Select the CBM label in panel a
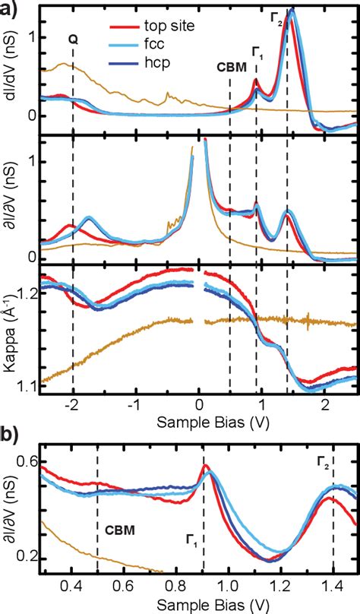point(230,67)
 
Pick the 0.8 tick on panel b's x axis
point(175,586)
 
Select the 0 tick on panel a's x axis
point(198,404)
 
